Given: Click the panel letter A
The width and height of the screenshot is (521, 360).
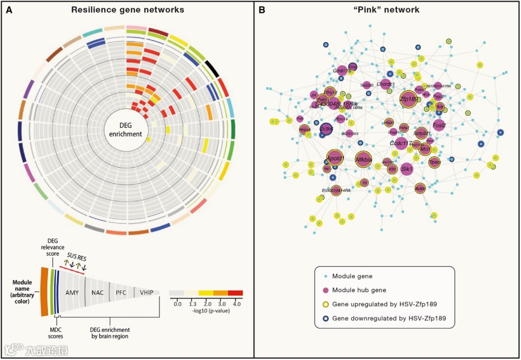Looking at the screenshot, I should click(x=9, y=10).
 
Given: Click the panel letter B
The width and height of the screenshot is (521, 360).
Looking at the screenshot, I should click(x=261, y=10).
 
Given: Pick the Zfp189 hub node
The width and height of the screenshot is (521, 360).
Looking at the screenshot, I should click(x=409, y=99).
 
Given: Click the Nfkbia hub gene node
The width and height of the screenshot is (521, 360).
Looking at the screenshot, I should click(x=364, y=159).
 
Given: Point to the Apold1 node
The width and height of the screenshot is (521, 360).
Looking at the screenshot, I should click(x=335, y=159).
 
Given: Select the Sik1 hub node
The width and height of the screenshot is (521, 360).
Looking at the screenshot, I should click(x=407, y=169).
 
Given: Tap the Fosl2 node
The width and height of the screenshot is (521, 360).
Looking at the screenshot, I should click(x=439, y=125).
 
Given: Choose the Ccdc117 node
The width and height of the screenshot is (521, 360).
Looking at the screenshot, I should click(x=401, y=143).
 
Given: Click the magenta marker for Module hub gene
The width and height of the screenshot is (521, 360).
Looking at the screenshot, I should click(x=325, y=290).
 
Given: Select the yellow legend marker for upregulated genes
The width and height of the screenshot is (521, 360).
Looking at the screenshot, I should click(x=325, y=305).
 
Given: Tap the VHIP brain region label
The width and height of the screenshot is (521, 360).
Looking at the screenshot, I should click(x=146, y=292).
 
